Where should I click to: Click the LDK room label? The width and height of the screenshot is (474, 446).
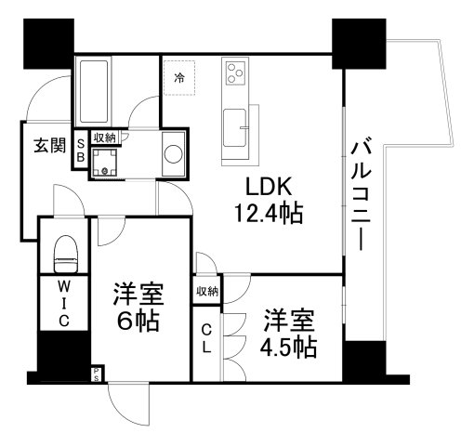[267, 185]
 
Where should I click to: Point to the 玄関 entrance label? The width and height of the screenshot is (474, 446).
[50, 145]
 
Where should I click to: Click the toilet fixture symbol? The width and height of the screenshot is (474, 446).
[64, 250]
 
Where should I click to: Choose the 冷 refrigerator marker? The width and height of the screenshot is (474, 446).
[178, 77]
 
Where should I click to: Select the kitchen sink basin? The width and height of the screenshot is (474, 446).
[235, 122]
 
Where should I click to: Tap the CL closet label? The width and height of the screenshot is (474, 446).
[207, 340]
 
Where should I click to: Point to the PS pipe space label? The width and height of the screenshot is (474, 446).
[96, 375]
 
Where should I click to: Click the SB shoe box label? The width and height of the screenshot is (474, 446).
[81, 151]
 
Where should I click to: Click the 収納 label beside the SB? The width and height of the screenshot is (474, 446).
[104, 138]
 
